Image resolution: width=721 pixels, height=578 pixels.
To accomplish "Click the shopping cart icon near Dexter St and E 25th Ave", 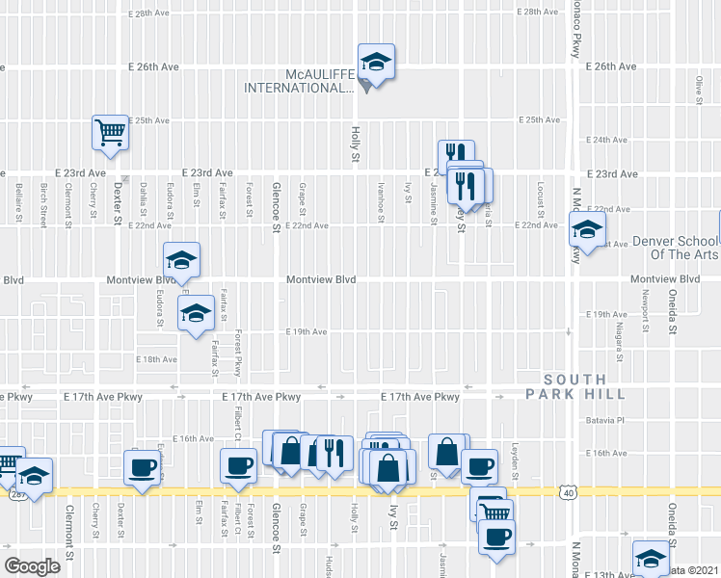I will [110, 133].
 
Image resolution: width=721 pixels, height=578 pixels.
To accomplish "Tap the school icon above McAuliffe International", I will [376, 64].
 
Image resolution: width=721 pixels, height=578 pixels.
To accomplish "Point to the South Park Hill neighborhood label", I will [575, 386].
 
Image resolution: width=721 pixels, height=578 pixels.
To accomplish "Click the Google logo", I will [32, 565].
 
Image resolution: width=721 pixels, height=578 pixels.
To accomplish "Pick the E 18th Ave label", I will [157, 358].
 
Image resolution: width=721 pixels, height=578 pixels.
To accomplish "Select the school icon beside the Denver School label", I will [585, 229].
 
